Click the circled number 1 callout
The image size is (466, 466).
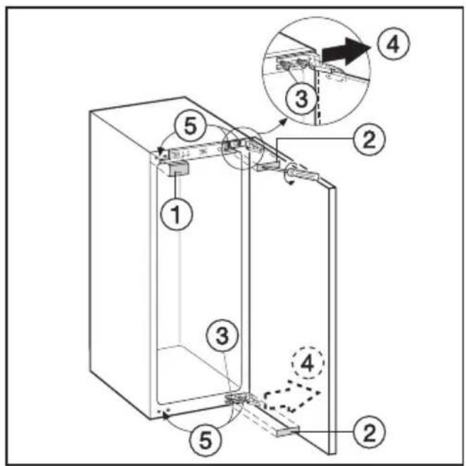coord(177,214)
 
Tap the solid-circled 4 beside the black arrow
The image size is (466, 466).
coord(393,44)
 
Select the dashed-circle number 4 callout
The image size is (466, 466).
coord(308,363)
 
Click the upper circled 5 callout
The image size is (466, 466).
coord(191,127)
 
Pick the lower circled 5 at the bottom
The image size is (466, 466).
coord(206,440)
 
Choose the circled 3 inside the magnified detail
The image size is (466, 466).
coord(301,99)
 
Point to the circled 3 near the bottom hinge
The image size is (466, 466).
coord(222,336)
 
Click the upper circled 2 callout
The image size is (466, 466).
coord(369,139)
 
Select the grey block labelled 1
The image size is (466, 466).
coord(178,169)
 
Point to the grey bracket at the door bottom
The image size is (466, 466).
coord(288,432)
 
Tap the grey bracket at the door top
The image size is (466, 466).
coord(267,165)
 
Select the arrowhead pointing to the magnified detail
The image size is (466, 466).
coord(284,121)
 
